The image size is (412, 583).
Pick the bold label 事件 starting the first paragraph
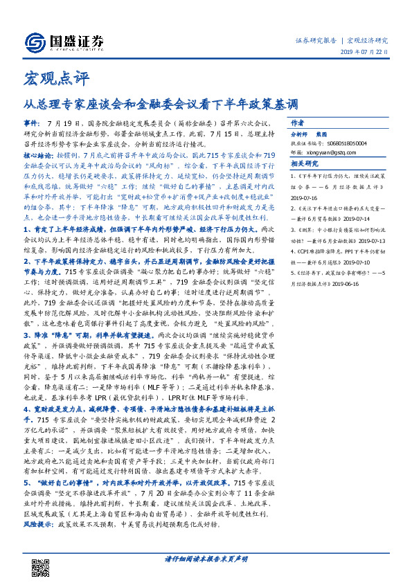[32, 120]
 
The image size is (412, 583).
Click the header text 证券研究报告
[316, 39]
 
